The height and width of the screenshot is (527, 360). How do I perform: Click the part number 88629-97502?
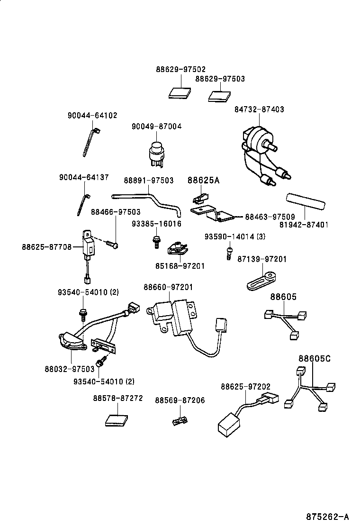click(x=180, y=69)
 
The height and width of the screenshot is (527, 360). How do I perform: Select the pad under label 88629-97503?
click(x=220, y=96)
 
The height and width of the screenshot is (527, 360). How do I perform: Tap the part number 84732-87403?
click(x=259, y=109)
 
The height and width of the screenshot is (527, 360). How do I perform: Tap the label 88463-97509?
click(x=270, y=217)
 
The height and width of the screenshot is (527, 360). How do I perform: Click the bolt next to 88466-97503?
click(x=112, y=244)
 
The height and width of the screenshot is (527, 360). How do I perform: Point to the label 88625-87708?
click(x=46, y=246)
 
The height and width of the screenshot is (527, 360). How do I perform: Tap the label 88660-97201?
click(x=168, y=287)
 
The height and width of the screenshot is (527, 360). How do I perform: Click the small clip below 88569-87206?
click(x=180, y=419)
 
